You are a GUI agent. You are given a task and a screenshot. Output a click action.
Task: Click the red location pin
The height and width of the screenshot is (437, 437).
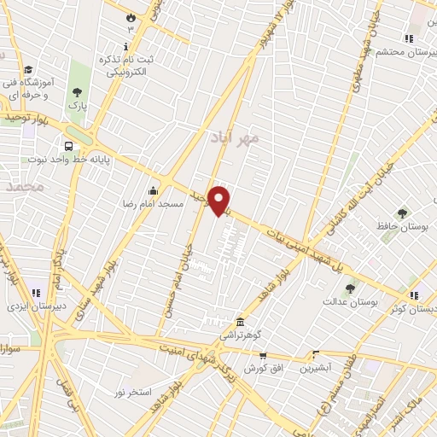[219, 201]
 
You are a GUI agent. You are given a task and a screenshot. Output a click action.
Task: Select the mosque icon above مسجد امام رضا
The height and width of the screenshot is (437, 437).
[154, 189]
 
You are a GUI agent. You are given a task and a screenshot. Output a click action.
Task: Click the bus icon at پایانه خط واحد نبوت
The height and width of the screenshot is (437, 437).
[66, 145]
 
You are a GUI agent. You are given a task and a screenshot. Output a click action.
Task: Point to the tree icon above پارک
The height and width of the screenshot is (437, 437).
[78, 92]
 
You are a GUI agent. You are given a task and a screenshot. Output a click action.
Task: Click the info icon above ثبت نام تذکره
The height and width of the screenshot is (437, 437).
[127, 46]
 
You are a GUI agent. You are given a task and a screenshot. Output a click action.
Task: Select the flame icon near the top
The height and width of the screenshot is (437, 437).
[131, 17]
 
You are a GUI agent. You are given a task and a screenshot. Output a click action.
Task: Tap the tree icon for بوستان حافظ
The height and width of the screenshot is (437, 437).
[402, 213]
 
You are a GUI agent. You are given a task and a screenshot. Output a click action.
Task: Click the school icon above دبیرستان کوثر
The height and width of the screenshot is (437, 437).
[415, 295]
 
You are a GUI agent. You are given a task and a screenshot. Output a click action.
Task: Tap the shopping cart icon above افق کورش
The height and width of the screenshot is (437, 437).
[263, 356]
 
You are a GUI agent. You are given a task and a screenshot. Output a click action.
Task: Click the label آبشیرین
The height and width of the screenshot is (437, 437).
[317, 369]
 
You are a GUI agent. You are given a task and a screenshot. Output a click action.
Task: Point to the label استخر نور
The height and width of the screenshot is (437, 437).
[134, 392]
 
